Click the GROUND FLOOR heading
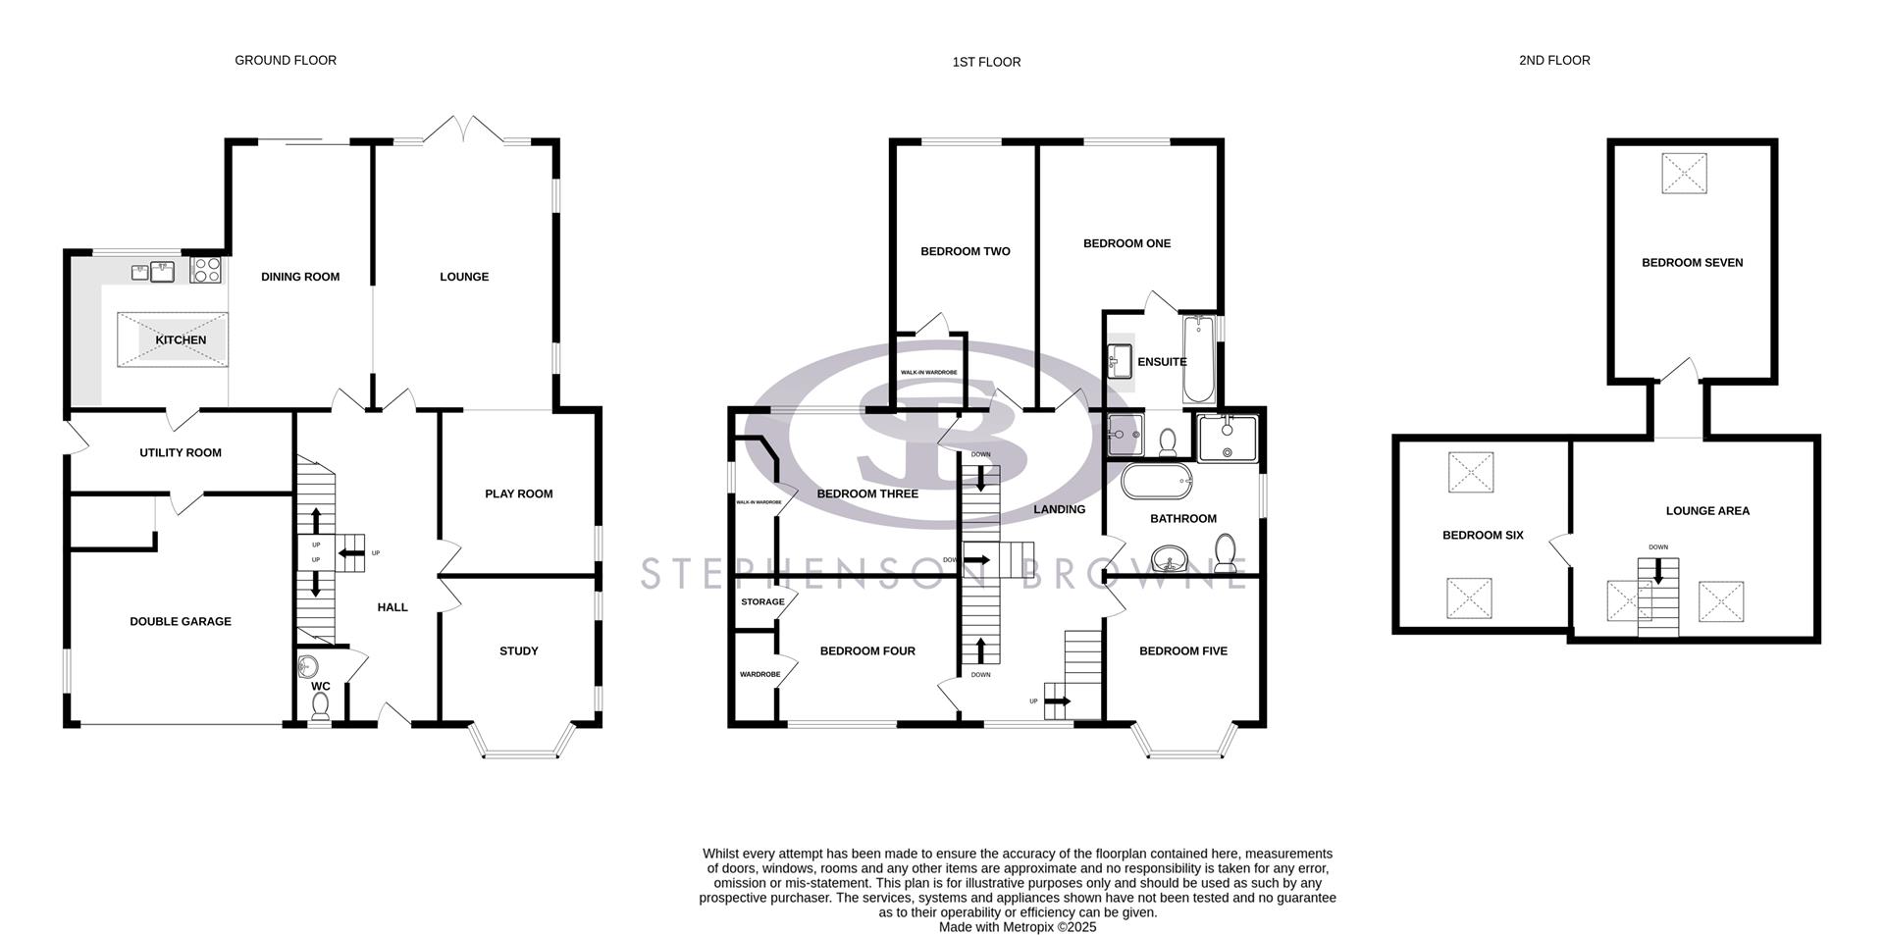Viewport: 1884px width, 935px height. point(286,60)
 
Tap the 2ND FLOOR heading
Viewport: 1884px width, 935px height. point(1554,60)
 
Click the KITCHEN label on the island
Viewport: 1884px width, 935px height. point(181,339)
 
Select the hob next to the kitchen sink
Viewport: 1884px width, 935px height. point(206,269)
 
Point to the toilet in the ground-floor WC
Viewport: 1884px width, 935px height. point(320,710)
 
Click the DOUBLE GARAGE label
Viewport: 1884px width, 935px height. point(181,621)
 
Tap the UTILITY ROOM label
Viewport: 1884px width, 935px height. point(181,452)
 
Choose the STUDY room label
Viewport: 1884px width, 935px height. point(518,650)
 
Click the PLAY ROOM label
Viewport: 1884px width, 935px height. point(518,493)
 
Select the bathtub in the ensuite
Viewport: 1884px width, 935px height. point(1198,360)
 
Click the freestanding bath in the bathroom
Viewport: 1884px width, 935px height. point(1157,482)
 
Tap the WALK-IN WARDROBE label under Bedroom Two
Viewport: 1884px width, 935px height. point(928,373)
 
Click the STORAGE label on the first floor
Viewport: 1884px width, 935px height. point(762,601)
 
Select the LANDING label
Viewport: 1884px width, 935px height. point(1059,509)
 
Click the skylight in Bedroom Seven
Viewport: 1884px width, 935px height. point(1684,174)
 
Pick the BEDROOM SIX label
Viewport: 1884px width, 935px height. point(1483,535)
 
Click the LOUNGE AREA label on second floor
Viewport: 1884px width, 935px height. point(1707,510)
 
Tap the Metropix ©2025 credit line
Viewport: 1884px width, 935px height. point(1017,926)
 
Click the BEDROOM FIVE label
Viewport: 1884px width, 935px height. point(1182,650)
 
